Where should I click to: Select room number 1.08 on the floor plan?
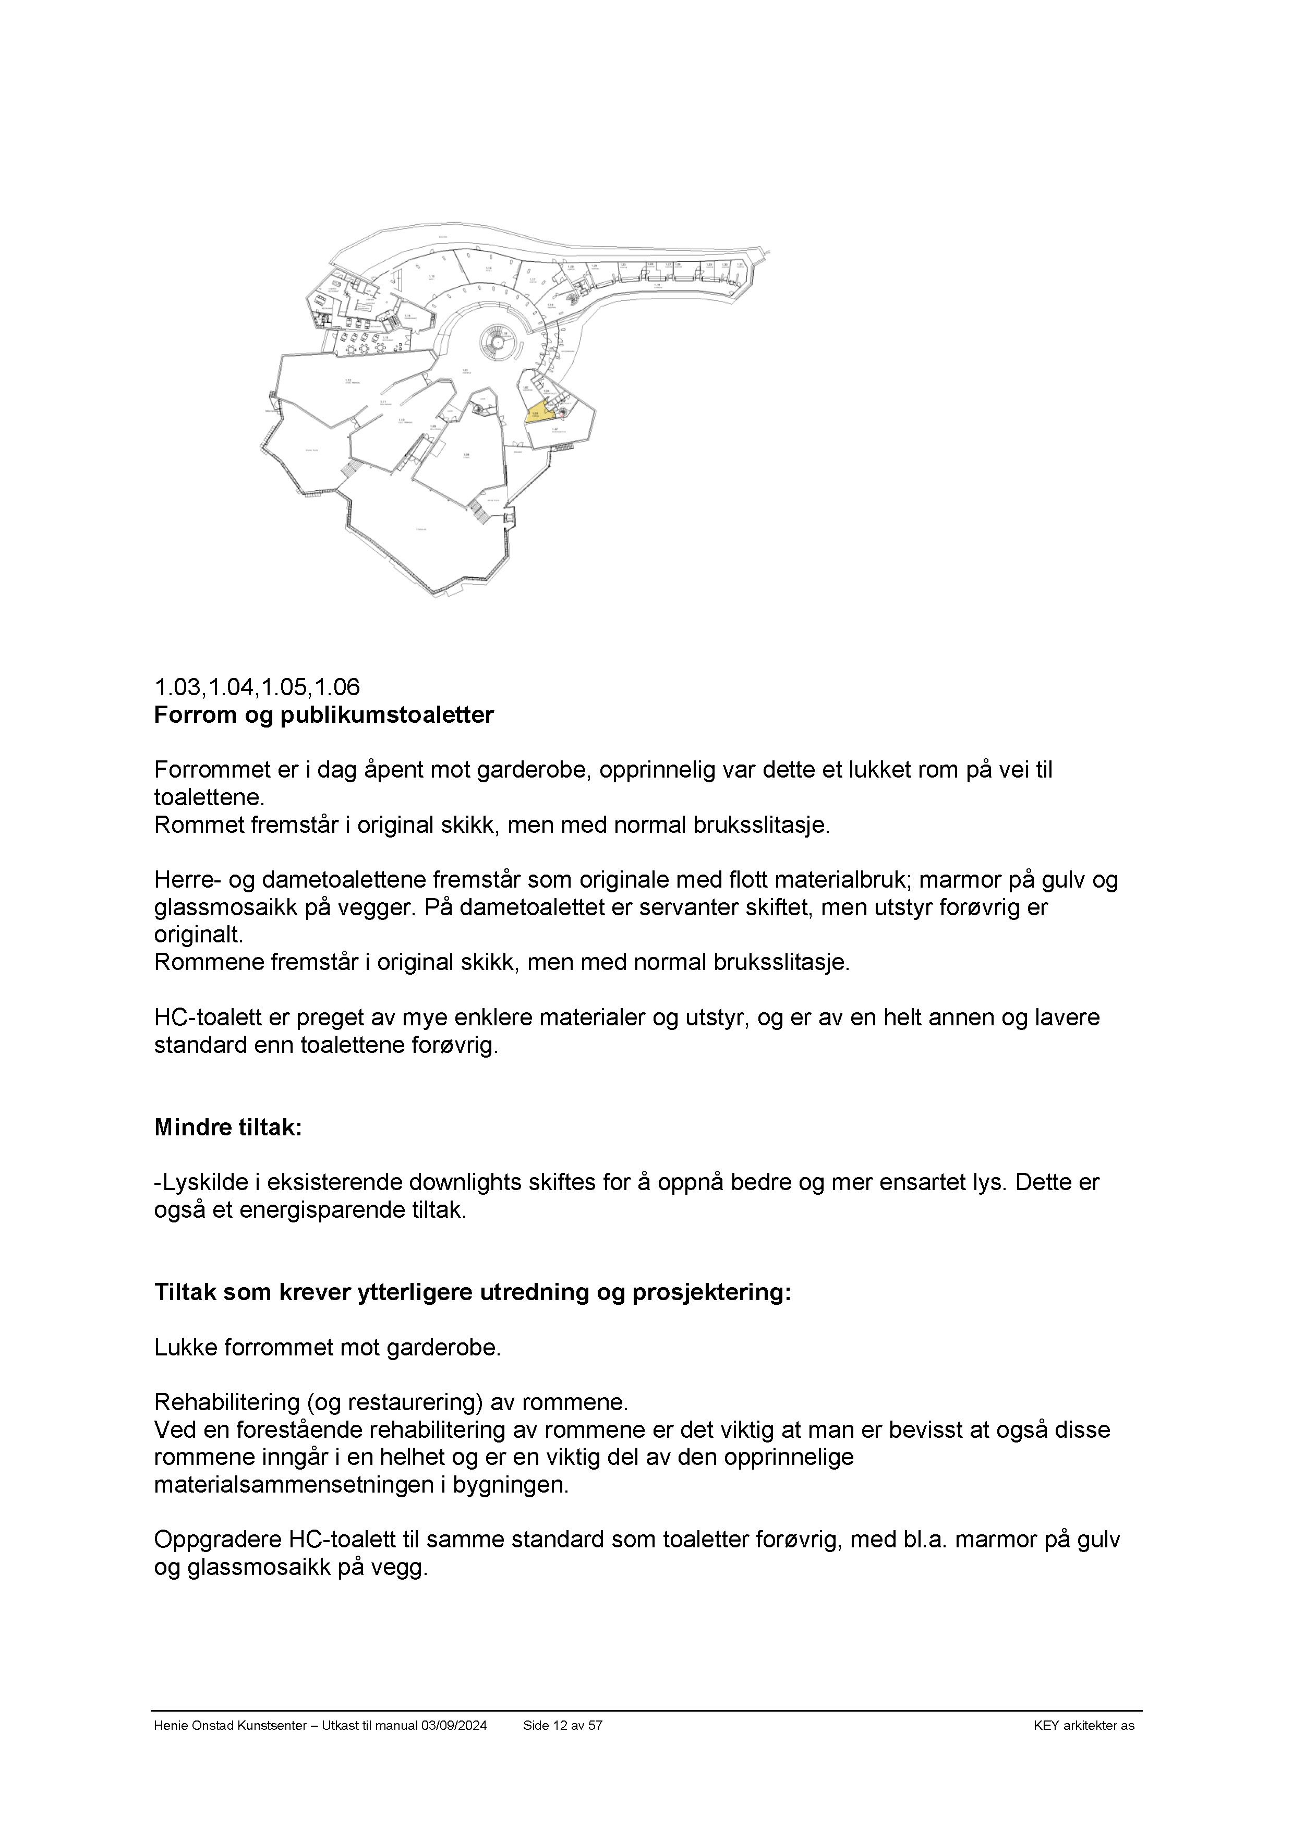466,455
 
